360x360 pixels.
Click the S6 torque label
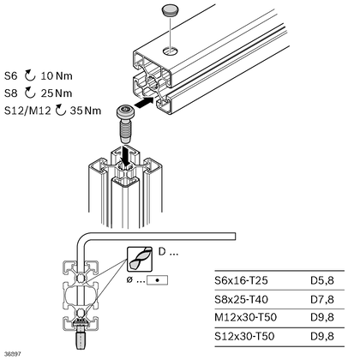click(11, 76)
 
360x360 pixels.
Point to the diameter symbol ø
click(130, 280)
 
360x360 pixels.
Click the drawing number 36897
click(13, 353)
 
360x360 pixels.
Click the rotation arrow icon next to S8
click(30, 93)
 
